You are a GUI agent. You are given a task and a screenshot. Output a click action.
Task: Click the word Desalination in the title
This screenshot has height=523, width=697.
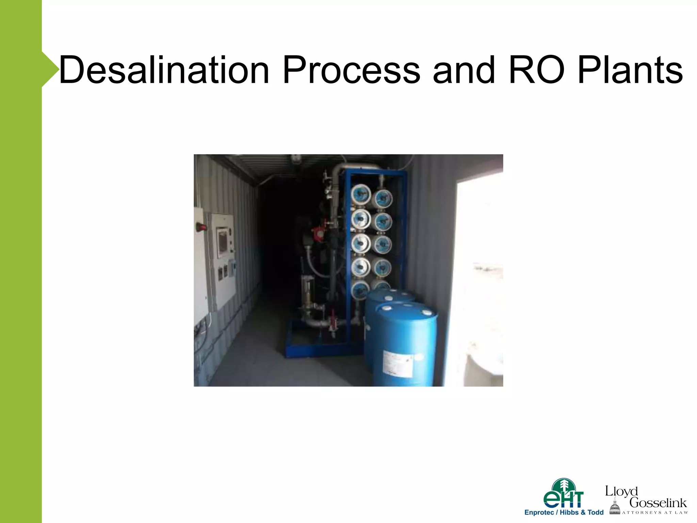pyautogui.click(x=164, y=70)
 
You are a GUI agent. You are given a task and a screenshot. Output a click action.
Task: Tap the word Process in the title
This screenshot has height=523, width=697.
pyautogui.click(x=351, y=70)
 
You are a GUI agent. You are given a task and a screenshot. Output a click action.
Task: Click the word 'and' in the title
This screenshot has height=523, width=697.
pyautogui.click(x=464, y=70)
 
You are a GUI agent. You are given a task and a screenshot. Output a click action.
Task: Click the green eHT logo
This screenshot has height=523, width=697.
pyautogui.click(x=564, y=494)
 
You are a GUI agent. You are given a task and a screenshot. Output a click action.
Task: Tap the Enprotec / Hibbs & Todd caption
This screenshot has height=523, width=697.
pyautogui.click(x=564, y=512)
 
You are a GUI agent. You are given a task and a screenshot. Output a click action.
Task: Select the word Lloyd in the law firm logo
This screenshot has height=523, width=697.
pyautogui.click(x=621, y=491)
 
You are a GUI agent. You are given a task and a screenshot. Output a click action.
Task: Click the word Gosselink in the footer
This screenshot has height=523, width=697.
pyautogui.click(x=658, y=503)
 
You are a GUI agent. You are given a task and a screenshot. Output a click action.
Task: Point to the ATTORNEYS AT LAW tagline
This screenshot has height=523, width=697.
pyautogui.click(x=655, y=512)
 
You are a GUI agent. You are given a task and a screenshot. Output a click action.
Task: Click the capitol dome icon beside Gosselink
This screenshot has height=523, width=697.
pyautogui.click(x=615, y=506)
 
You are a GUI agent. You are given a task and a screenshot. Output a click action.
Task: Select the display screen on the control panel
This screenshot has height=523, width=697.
pyautogui.click(x=223, y=242)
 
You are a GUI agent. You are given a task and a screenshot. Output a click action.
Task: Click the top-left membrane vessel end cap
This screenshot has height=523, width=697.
pyautogui.click(x=360, y=194)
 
